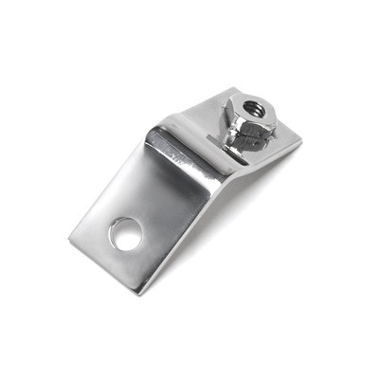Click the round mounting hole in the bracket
pyautogui.click(x=123, y=233)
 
